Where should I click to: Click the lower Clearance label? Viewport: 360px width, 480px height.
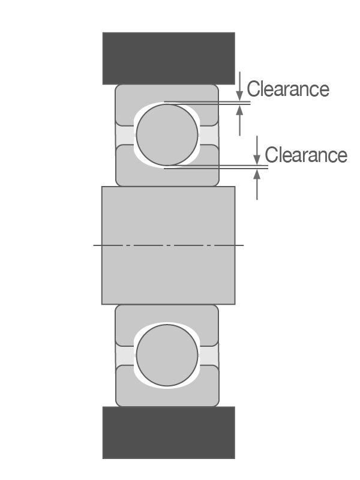point(306,155)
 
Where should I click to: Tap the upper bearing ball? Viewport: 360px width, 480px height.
point(167,134)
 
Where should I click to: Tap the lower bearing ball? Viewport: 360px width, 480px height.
point(167,356)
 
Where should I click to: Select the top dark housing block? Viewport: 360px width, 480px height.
point(168,58)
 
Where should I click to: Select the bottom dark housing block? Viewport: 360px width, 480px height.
point(168,432)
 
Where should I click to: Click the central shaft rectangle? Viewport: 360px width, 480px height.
point(168,270)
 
